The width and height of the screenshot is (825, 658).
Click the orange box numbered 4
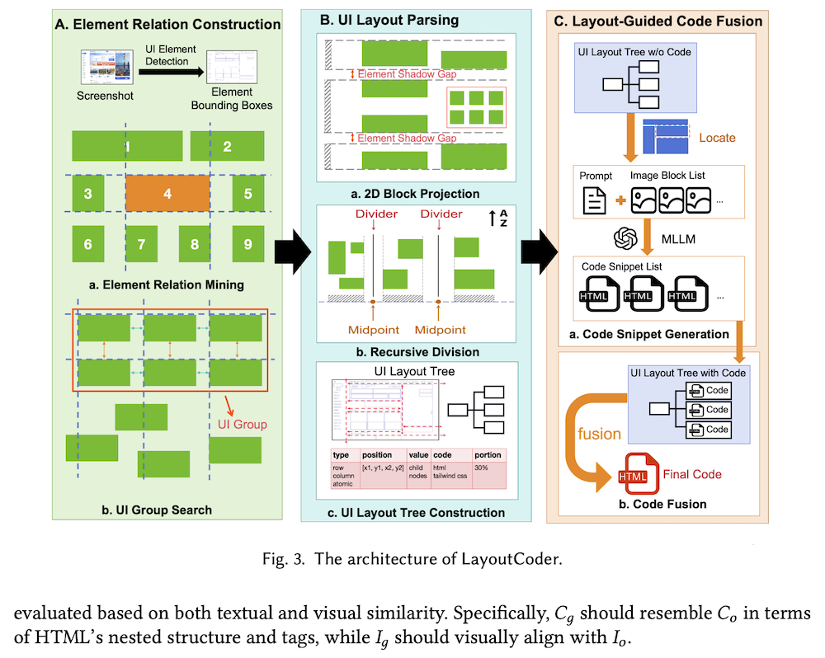point(167,195)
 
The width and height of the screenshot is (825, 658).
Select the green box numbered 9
point(247,245)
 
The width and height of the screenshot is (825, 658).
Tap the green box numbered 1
point(128,146)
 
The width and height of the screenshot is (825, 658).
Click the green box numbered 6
point(87,245)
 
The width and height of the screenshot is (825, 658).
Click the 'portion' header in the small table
point(488,455)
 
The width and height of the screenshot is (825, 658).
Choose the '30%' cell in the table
point(483,468)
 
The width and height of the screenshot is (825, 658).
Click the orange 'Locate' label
point(716,137)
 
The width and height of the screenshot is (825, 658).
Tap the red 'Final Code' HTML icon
point(633,476)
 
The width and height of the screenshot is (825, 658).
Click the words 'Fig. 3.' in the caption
point(282,559)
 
